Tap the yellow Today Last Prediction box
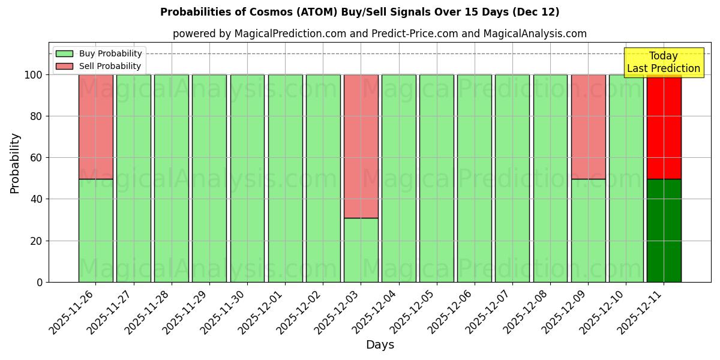(663, 62)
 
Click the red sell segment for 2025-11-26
(95, 127)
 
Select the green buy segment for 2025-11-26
(95, 230)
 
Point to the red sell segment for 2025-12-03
(361, 146)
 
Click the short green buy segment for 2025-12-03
(361, 250)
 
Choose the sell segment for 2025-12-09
(588, 127)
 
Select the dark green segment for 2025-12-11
(664, 230)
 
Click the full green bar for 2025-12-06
(474, 178)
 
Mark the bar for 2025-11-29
(209, 178)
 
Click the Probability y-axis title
(15, 163)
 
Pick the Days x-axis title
(380, 344)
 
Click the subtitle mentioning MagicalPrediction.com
(379, 34)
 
